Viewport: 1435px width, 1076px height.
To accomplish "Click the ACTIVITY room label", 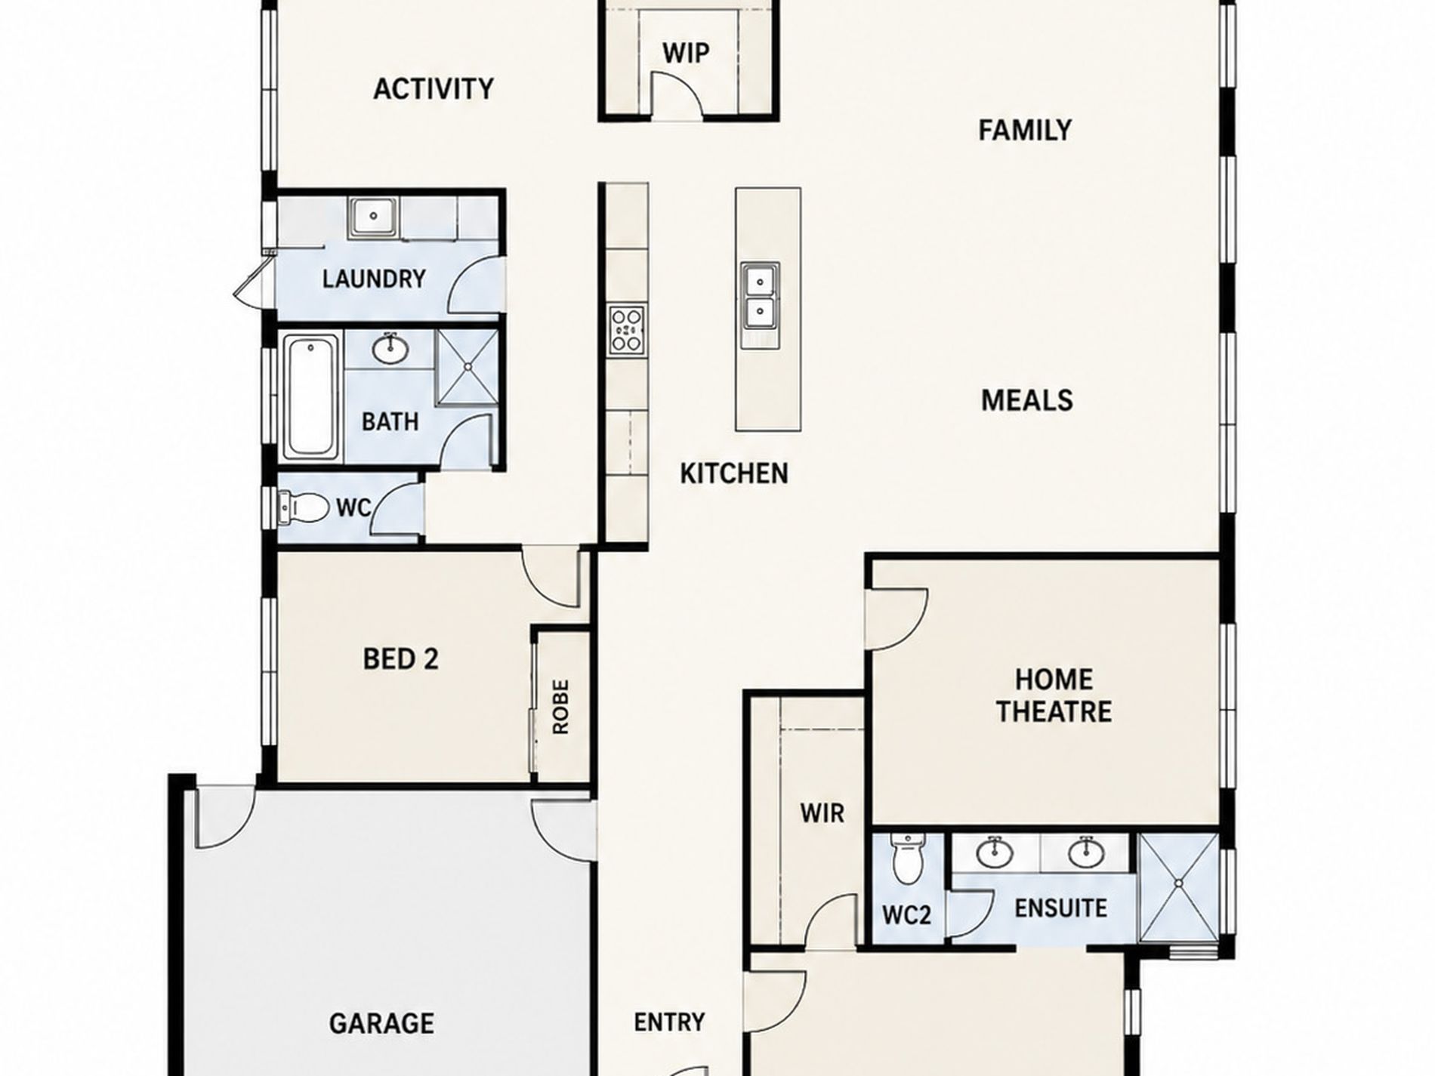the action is pyautogui.click(x=434, y=89).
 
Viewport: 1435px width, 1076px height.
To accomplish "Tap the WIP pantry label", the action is pyautogui.click(x=686, y=54).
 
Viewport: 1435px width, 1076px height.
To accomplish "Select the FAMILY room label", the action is pyautogui.click(x=1025, y=131).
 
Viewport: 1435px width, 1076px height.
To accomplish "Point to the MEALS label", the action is pyautogui.click(x=1027, y=400).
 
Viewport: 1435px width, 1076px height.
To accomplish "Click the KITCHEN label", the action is pyautogui.click(x=734, y=473).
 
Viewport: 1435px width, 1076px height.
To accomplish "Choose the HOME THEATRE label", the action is pyautogui.click(x=1054, y=695).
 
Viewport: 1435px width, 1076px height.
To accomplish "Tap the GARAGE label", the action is pyautogui.click(x=382, y=1024).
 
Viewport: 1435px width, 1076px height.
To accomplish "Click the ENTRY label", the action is pyautogui.click(x=669, y=1022).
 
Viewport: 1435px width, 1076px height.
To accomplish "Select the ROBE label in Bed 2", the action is pyautogui.click(x=560, y=708).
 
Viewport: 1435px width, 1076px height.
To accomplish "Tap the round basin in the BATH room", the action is pyautogui.click(x=390, y=348).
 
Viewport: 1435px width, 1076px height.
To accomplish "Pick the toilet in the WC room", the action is pyautogui.click(x=304, y=507).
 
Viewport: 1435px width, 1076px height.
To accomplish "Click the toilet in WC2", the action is pyautogui.click(x=907, y=859).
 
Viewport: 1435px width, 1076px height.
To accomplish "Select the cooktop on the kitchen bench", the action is pyautogui.click(x=627, y=331).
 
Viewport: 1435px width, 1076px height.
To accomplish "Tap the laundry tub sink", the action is pyautogui.click(x=374, y=217).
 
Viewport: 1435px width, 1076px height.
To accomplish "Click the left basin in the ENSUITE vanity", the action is pyautogui.click(x=995, y=853).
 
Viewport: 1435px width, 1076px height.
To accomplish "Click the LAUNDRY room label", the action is pyautogui.click(x=374, y=279).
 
